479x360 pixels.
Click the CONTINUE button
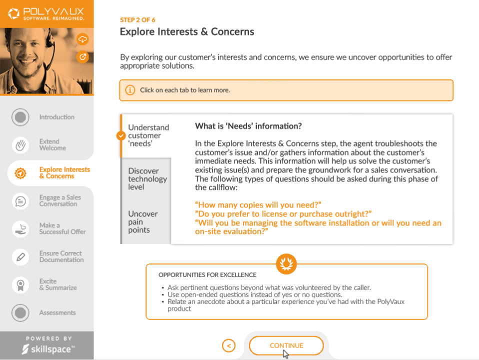[x=286, y=345]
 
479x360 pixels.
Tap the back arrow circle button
[x=228, y=345]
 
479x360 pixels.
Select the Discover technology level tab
[x=147, y=178]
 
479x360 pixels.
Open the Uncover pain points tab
[x=144, y=221]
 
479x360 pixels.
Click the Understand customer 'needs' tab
[x=148, y=135]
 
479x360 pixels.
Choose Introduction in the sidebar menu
[x=56, y=117]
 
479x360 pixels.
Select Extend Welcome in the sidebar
[x=52, y=144]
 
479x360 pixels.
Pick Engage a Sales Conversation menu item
[x=59, y=200]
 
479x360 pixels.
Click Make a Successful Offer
[x=62, y=228]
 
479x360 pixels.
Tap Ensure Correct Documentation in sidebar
[x=61, y=256]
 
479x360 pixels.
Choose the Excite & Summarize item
[x=57, y=284]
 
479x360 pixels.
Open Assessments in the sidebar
[x=57, y=312]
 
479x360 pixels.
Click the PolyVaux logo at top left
[x=46, y=13]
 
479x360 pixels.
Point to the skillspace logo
[x=46, y=349]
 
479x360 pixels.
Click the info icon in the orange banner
[x=130, y=90]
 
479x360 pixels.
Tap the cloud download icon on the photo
[x=82, y=39]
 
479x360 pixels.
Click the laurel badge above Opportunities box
[x=286, y=263]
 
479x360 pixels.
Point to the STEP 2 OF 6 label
[x=137, y=20]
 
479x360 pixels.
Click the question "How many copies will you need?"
[x=258, y=204]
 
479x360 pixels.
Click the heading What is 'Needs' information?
[x=248, y=126]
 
